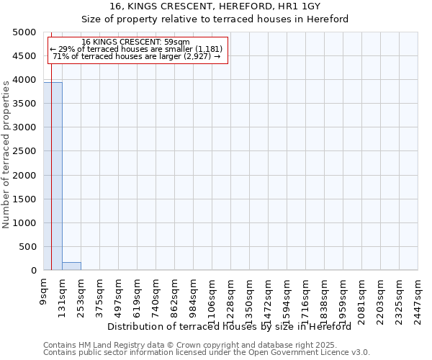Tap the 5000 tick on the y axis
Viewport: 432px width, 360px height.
(x=24, y=32)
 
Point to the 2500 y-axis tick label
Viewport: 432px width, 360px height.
(x=24, y=151)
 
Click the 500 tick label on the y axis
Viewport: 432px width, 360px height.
(x=27, y=247)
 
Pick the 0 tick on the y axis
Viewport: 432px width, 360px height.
(x=33, y=271)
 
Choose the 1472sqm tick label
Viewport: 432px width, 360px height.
(x=269, y=297)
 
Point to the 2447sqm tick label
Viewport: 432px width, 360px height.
(x=418, y=297)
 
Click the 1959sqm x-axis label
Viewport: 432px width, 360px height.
(x=343, y=297)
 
